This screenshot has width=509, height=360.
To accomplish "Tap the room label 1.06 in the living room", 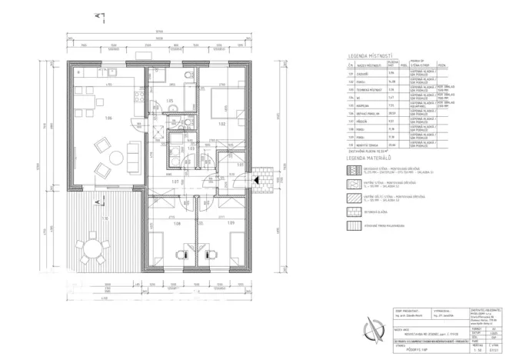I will [109, 118].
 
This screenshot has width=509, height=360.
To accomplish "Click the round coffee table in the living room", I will [116, 158].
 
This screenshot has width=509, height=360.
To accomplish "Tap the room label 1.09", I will [229, 224].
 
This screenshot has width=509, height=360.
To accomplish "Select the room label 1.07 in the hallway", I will [175, 182].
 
